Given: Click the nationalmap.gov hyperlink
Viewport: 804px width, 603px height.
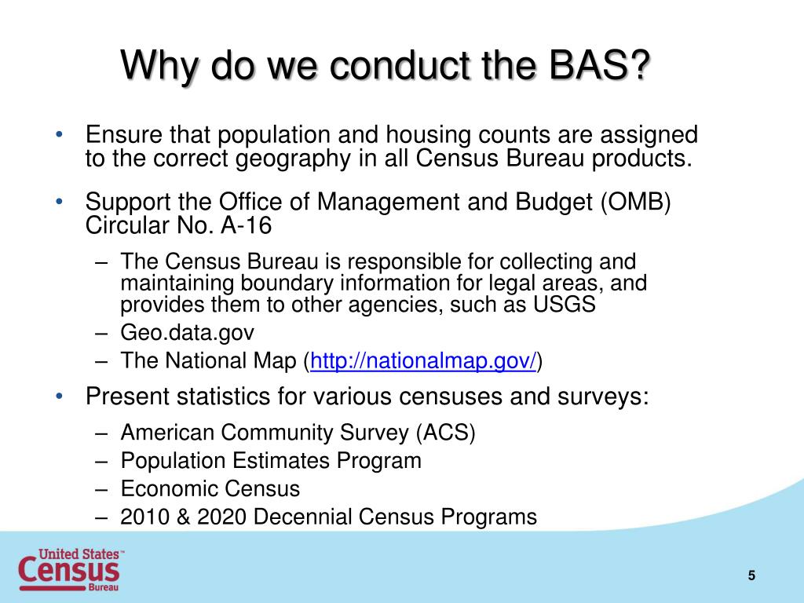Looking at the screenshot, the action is pos(423,360).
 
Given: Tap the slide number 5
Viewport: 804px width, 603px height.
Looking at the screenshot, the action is pos(751,576).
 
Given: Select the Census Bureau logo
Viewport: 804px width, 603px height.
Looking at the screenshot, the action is pos(71,570).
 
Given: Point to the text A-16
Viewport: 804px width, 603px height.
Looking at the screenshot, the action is pos(246,225).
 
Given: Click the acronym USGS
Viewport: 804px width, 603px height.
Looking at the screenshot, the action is pos(564,305).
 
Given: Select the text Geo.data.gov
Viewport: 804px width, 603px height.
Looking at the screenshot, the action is pos(187,333).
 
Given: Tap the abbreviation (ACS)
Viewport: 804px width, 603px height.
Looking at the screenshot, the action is pos(446,433).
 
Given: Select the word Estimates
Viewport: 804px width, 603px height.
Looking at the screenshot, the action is pos(280,460).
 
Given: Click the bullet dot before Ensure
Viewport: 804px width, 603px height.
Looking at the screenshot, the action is pos(60,135).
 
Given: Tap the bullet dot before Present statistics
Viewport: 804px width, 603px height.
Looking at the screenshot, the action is pos(60,397).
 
